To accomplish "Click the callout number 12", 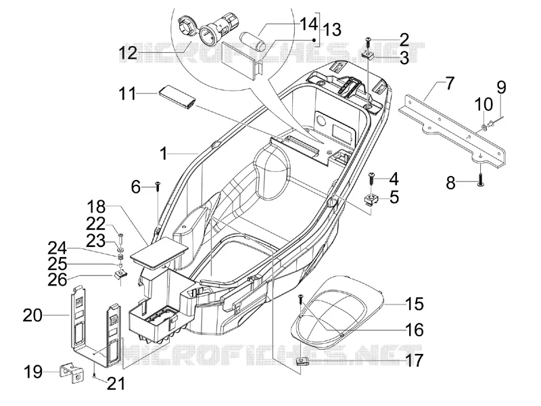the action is (x=128, y=53).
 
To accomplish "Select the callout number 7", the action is (x=450, y=83).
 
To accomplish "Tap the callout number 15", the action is (x=415, y=304).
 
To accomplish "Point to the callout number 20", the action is (x=32, y=315).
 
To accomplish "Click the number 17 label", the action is (x=415, y=360).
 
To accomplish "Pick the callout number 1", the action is (x=164, y=154).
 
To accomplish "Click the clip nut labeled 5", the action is (x=371, y=199).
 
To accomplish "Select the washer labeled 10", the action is (x=483, y=129).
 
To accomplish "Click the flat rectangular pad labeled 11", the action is (x=178, y=98).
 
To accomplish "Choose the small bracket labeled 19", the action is (x=72, y=374).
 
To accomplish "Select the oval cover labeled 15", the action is (x=337, y=313).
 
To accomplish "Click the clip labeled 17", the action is (x=302, y=361).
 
